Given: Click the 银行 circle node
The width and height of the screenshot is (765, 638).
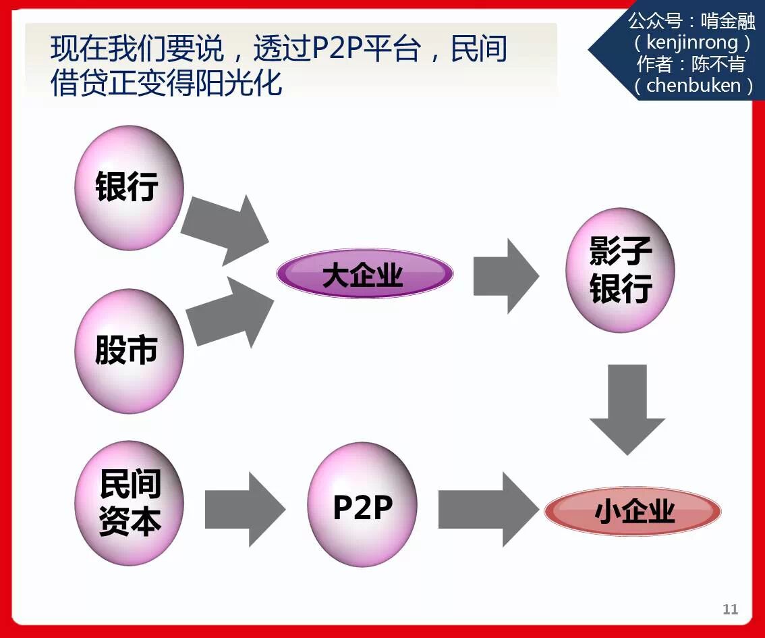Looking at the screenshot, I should (129, 187).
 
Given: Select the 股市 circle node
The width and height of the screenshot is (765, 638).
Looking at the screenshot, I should (129, 350).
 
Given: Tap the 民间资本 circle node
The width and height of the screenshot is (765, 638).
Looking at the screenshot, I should (129, 503).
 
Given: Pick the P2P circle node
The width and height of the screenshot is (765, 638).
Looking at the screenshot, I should (362, 504).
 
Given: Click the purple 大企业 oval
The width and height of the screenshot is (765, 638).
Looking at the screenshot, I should (364, 274).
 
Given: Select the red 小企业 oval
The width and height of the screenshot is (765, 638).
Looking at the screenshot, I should (633, 511).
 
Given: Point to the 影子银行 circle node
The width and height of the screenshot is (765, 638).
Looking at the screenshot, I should (620, 271).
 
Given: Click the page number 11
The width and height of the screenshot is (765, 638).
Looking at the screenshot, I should (730, 609).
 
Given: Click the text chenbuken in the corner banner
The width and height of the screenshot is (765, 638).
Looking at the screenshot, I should (693, 86).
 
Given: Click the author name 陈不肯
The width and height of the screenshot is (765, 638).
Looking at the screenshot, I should (717, 65).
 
